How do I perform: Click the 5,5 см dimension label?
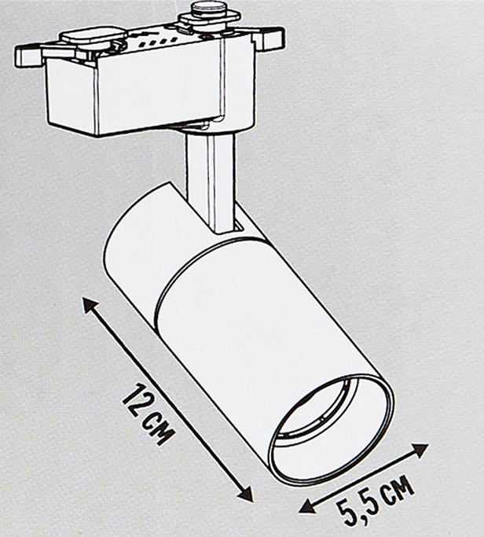pyautogui.click(x=375, y=500)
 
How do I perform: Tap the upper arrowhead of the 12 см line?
pyautogui.click(x=90, y=306)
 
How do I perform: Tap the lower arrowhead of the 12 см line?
pyautogui.click(x=244, y=492)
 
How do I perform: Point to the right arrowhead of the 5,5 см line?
pyautogui.click(x=420, y=450)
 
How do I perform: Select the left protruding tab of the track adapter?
pyautogui.click(x=28, y=56)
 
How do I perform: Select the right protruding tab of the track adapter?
pyautogui.click(x=273, y=38)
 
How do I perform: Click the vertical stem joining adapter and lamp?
pyautogui.click(x=211, y=182)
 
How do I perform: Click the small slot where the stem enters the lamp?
pyautogui.click(x=239, y=226)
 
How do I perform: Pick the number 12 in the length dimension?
pyautogui.click(x=137, y=401)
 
